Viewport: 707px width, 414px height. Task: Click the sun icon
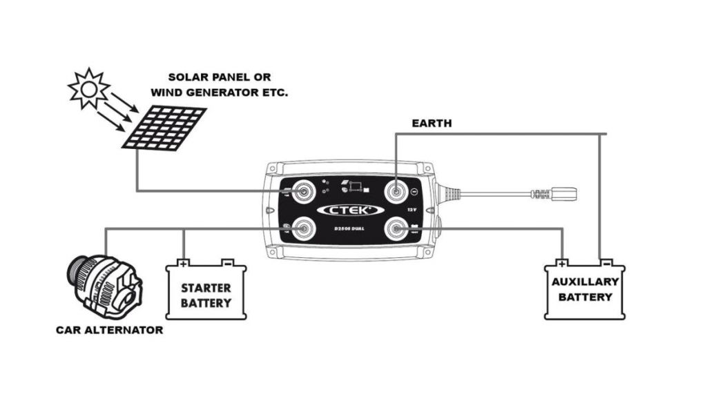[88, 88]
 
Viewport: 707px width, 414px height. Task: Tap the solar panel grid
[164, 127]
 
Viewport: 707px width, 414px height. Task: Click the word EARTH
[432, 124]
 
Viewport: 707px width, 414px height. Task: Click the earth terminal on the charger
[395, 190]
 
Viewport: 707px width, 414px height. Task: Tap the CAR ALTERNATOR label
[110, 330]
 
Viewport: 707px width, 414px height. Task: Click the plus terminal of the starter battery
[183, 263]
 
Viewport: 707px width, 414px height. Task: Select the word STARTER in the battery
[206, 288]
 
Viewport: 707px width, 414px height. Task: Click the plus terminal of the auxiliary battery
[563, 263]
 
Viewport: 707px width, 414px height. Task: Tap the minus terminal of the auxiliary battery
[606, 263]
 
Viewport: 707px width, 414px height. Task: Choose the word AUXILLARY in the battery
[584, 282]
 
